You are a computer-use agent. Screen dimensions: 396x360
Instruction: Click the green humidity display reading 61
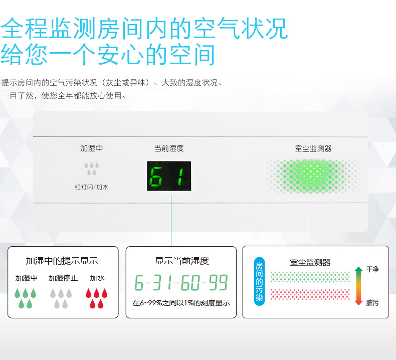click(169, 176)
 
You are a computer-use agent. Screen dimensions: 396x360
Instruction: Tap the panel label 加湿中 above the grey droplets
click(92, 148)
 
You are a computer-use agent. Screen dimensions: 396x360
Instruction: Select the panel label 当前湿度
click(169, 148)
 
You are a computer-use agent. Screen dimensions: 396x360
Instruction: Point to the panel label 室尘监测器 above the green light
click(313, 148)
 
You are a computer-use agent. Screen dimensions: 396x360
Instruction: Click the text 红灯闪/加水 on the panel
click(92, 187)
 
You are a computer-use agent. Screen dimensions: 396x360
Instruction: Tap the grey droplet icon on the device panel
click(91, 168)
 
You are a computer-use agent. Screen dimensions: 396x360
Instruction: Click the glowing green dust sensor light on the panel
click(313, 176)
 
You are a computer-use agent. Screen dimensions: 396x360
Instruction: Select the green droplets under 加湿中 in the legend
click(25, 298)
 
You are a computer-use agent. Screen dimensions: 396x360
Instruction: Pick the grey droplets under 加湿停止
click(61, 298)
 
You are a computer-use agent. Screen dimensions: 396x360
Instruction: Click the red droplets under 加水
click(96, 298)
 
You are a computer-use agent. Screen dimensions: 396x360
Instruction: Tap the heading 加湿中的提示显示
click(62, 261)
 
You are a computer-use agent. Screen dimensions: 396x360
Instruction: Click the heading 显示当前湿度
click(182, 261)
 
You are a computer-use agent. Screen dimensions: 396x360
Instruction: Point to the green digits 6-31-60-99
click(181, 282)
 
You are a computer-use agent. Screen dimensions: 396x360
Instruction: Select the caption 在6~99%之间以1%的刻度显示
click(181, 303)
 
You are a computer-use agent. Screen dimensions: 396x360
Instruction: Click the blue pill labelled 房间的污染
click(259, 281)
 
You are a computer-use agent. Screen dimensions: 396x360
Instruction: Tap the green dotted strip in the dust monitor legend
click(310, 277)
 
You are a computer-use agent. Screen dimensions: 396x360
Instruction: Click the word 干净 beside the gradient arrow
click(372, 269)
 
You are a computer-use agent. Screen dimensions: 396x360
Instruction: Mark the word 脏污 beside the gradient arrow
click(372, 302)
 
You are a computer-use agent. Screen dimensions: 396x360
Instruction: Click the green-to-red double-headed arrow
click(358, 286)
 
